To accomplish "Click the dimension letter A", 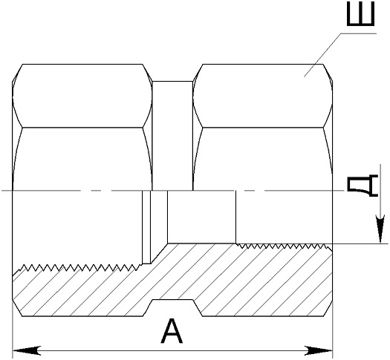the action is [x=172, y=331].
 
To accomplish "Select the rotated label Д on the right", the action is [x=363, y=186].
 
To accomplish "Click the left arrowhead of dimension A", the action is [x=27, y=351].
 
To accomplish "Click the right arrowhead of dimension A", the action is [x=319, y=351].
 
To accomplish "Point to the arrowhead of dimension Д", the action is [x=380, y=229].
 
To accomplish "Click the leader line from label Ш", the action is [x=340, y=55].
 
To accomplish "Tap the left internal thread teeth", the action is [x=77, y=268].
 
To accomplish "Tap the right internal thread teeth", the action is [x=281, y=246].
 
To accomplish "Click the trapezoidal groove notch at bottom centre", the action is [x=172, y=308].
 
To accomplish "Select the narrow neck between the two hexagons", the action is [x=172, y=136].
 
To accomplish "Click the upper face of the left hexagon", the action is [x=82, y=96].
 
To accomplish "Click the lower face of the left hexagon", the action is [x=82, y=159].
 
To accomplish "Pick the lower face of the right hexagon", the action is [x=263, y=159].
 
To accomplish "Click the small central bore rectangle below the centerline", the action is [x=201, y=217].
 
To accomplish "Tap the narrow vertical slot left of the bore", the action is [x=146, y=227].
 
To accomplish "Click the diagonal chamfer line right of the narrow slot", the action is [x=159, y=253].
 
